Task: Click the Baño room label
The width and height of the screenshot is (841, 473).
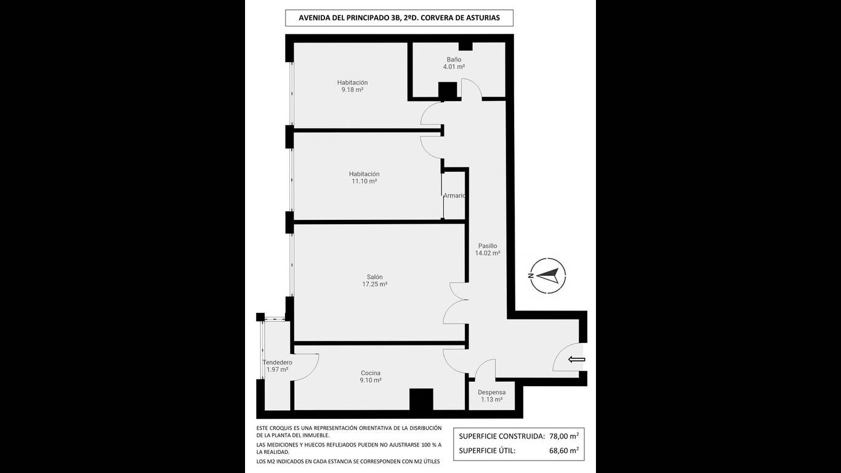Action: pos(454,59)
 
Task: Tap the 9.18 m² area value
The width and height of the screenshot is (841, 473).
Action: pos(352,90)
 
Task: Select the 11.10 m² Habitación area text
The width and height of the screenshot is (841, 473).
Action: pos(364,181)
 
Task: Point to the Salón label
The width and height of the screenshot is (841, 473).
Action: pos(375,277)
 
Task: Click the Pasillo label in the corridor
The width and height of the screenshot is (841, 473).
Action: pos(488,246)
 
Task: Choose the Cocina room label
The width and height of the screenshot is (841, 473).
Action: pos(371,373)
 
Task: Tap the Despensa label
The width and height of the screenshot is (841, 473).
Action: pos(492,392)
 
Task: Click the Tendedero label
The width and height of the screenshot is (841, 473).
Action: pos(277,363)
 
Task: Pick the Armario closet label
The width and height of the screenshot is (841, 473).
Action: pos(454,196)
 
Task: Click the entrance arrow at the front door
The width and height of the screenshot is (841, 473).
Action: pos(577,360)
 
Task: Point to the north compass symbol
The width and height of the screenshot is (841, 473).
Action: pos(548,276)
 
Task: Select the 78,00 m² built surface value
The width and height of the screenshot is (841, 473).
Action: pos(564,436)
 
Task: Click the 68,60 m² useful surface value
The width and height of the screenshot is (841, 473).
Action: pos(564,451)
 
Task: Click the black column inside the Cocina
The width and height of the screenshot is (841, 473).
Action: pos(421,399)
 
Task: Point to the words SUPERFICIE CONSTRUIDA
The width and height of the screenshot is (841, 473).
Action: pos(502,437)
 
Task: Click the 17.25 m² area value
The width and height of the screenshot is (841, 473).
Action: pos(375,285)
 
